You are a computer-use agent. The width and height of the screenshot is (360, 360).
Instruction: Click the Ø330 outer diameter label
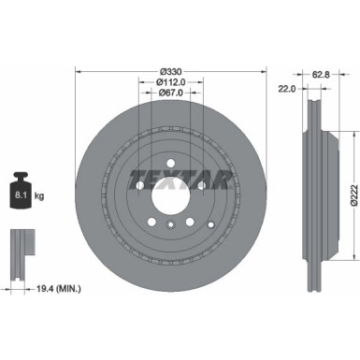coord(170,71)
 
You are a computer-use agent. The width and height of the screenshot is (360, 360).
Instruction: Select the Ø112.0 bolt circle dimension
coord(170,82)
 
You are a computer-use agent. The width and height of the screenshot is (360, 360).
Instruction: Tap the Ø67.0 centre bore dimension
coord(170,94)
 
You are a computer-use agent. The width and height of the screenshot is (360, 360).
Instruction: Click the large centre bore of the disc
coord(170,204)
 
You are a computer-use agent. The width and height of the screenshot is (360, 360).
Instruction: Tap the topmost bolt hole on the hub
coord(170,165)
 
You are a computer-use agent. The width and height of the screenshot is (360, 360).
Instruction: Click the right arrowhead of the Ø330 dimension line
coord(262,71)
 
